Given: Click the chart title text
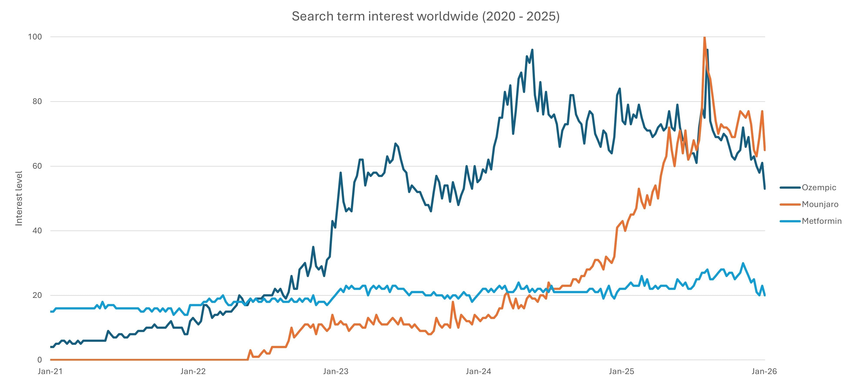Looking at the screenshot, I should click(425, 16).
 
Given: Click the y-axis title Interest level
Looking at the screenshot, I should click(19, 198).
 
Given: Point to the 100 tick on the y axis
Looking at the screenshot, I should click(35, 37).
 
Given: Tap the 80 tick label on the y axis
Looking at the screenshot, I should click(37, 101).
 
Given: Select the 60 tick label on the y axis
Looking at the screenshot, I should click(37, 166).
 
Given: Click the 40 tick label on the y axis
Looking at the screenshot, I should click(37, 230).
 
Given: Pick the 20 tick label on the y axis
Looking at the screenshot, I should click(37, 295).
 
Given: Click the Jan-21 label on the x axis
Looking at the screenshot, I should click(50, 371).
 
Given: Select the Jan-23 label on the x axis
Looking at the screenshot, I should click(336, 371).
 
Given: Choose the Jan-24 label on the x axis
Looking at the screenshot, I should click(478, 371).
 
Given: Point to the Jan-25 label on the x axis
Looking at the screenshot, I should click(621, 371).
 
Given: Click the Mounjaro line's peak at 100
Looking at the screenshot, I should click(705, 37).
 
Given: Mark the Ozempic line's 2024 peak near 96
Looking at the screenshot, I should click(532, 50).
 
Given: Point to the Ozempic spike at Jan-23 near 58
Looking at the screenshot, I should click(341, 173).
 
